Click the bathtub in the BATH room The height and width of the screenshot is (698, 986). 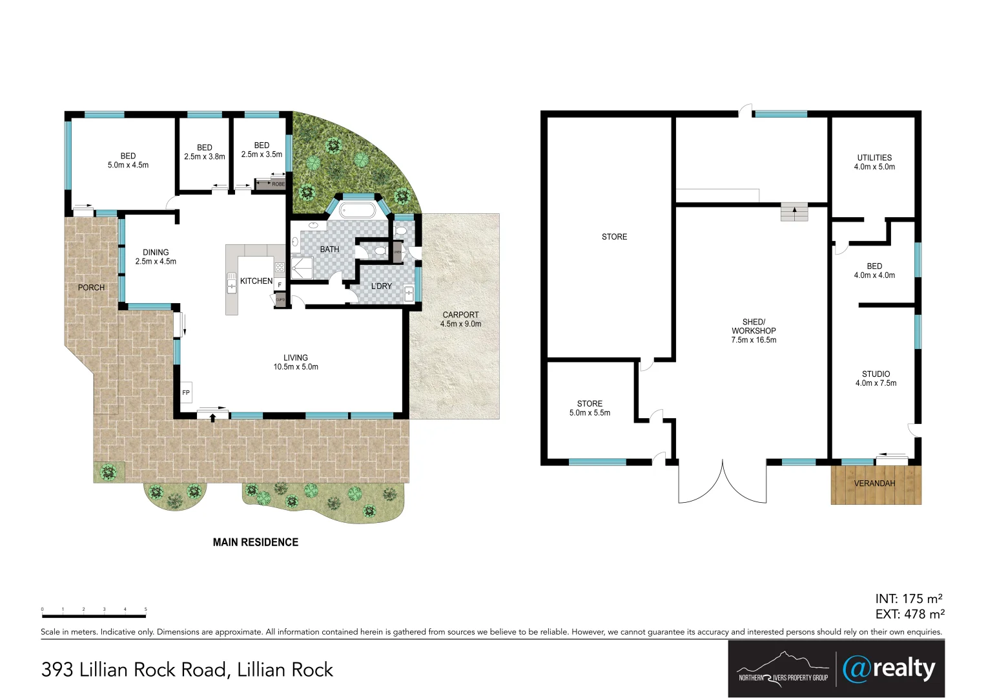click(357, 210)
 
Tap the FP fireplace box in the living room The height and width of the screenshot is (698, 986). click(186, 392)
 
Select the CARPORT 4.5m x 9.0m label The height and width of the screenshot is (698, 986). click(460, 319)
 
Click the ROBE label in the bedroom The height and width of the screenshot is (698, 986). click(278, 184)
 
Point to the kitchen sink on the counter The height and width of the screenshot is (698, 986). click(232, 284)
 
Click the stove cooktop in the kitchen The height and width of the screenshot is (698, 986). click(280, 267)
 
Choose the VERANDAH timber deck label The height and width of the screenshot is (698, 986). click(874, 483)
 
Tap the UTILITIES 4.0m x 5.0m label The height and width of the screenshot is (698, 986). click(874, 162)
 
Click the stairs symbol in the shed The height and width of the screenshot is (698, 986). click(794, 212)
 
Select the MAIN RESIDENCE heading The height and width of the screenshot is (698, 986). click(256, 542)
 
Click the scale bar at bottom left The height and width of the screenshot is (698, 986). click(94, 615)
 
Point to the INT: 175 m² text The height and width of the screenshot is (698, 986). click(909, 598)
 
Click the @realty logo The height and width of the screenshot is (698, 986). click(889, 669)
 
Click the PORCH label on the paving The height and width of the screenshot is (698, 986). click(91, 288)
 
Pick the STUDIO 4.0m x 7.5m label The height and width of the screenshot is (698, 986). click(876, 379)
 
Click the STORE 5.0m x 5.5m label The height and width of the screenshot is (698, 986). click(590, 408)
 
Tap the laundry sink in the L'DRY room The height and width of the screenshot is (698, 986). click(409, 294)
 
